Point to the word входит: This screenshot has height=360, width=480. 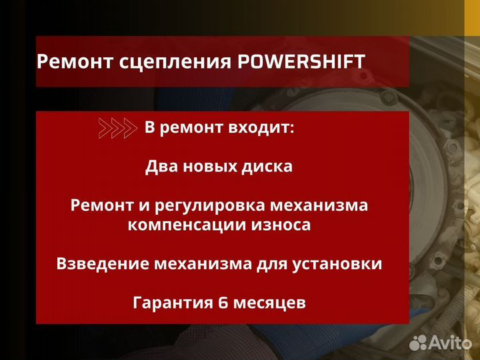coord(259,129)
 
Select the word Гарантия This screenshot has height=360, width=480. coord(172,303)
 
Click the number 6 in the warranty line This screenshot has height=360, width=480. coord(223,303)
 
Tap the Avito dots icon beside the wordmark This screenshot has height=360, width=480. coord(418,342)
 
